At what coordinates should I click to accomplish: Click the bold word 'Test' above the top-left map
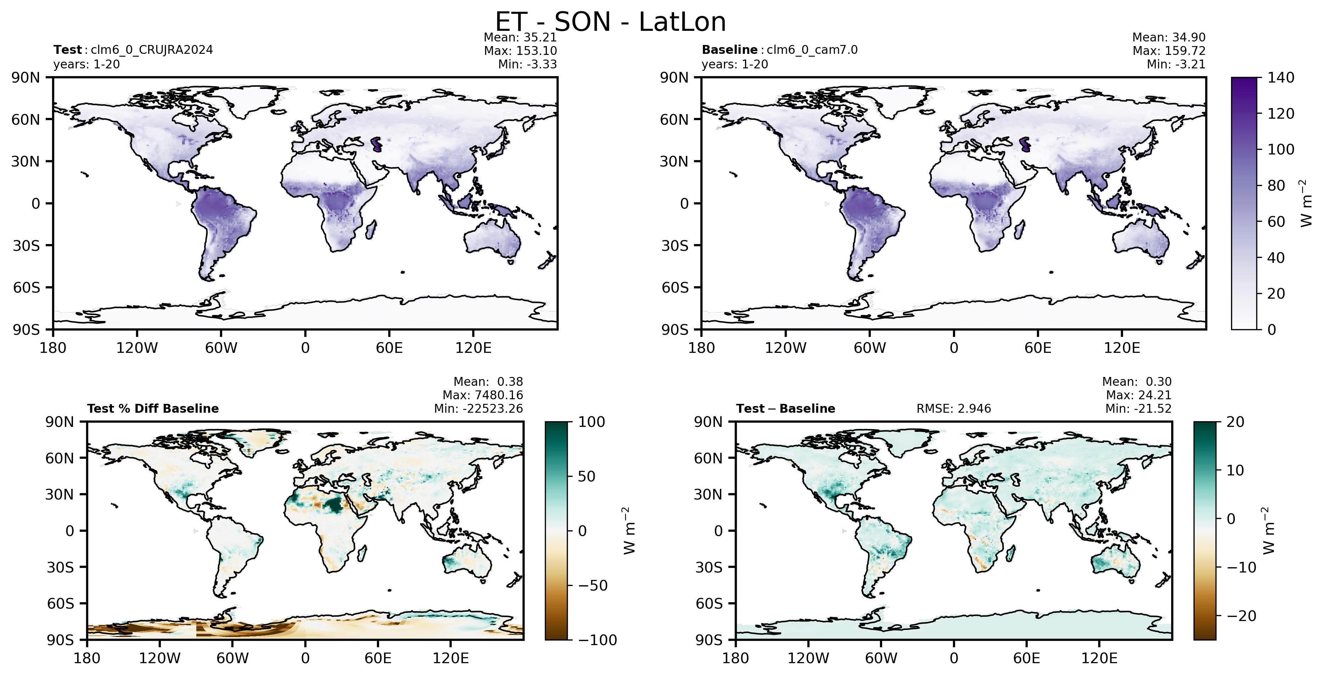(x=67, y=50)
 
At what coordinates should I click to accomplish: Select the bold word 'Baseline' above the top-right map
(x=729, y=50)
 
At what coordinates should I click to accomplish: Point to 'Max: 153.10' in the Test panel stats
(x=520, y=50)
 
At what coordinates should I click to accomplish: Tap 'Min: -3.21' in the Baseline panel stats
(x=1176, y=64)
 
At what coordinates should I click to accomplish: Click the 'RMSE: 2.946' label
(x=953, y=409)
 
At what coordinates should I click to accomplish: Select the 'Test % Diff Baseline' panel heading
(x=153, y=409)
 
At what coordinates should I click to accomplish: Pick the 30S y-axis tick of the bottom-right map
(x=709, y=567)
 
